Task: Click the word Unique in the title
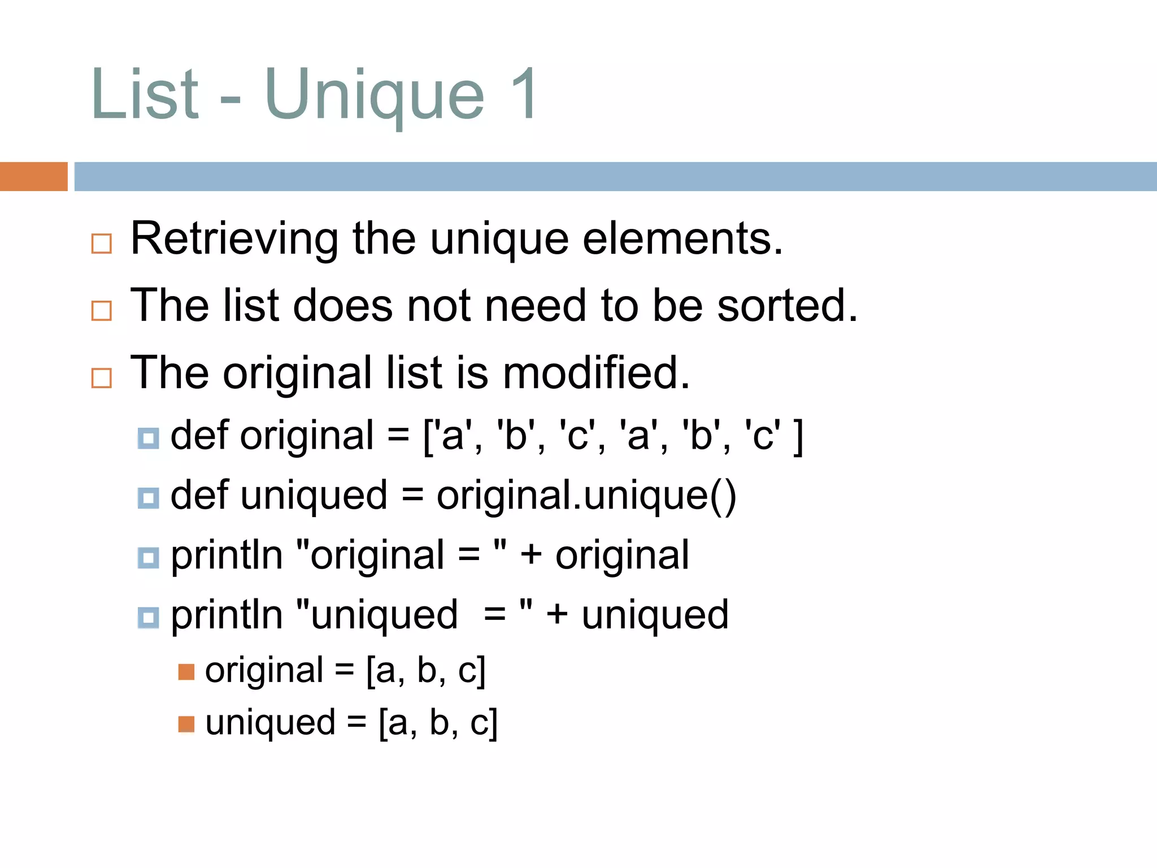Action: point(374,95)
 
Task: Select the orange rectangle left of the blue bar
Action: point(33,176)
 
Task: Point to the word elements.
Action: point(682,238)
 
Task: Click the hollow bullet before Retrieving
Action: point(102,244)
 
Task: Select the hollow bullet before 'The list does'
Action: point(102,310)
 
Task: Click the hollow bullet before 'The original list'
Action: point(102,377)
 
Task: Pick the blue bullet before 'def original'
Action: point(148,438)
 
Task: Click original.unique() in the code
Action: point(586,496)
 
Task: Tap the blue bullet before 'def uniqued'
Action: point(148,498)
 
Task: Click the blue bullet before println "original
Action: point(148,558)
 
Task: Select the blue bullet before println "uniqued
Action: point(148,617)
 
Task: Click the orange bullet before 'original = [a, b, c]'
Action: point(186,672)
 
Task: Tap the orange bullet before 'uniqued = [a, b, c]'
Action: point(186,724)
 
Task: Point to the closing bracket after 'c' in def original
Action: point(798,437)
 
